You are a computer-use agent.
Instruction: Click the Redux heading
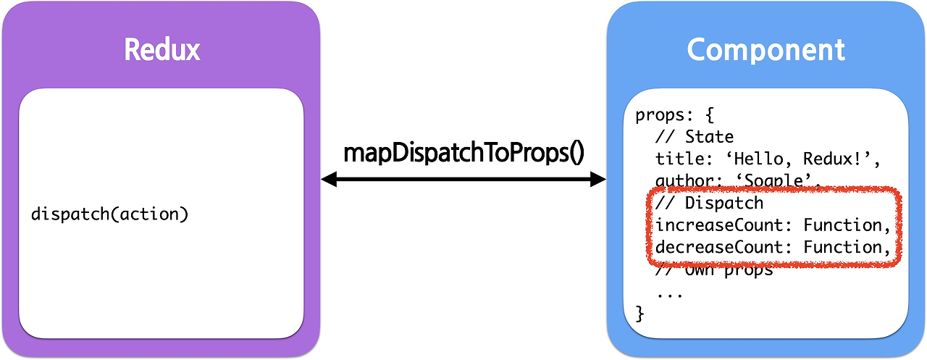pos(162,50)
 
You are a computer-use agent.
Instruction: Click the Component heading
pos(765,50)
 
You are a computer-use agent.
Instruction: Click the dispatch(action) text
pos(110,214)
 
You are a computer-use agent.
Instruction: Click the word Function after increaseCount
pos(842,225)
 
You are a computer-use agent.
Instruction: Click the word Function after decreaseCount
pos(842,247)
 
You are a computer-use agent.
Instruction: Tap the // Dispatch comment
pos(710,204)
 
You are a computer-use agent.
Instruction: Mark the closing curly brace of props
pos(639,314)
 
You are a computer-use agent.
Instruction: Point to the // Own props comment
pos(714,272)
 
